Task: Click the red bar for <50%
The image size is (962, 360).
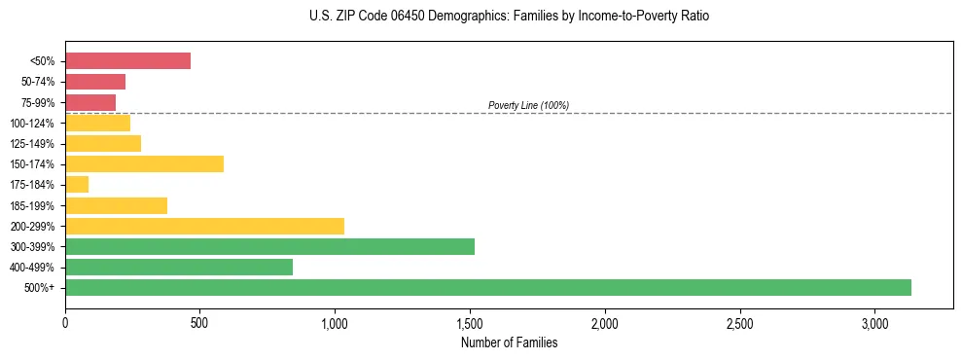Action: coord(127,60)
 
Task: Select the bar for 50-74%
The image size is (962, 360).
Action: coord(95,81)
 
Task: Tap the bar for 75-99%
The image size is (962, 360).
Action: coord(90,102)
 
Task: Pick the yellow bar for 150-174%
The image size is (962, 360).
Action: coord(144,163)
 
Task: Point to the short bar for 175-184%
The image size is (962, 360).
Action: coord(77,184)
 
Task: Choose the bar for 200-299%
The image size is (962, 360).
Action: coord(204,226)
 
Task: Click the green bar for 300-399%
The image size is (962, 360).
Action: coord(269,246)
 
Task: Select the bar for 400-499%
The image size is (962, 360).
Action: coord(179,267)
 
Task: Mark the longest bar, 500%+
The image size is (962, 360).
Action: coord(488,287)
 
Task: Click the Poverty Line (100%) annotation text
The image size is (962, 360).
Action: coord(528,105)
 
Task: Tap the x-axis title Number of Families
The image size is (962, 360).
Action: coord(509,342)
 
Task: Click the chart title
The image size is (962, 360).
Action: coord(509,17)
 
